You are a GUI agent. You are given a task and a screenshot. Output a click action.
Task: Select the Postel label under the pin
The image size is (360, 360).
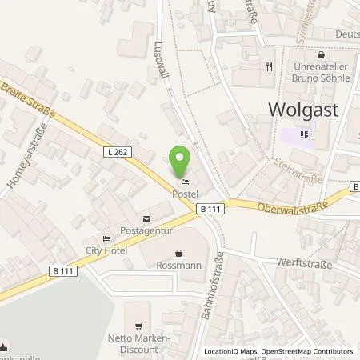tap(185, 193)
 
